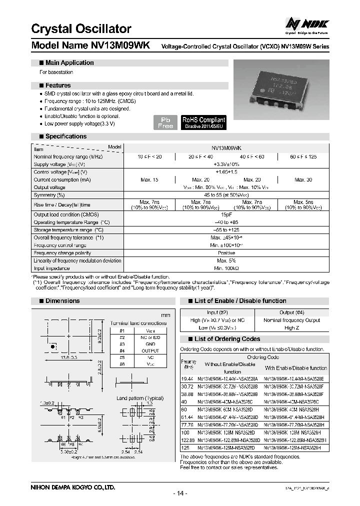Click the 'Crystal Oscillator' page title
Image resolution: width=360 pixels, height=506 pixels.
81,29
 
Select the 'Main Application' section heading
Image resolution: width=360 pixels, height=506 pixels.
69,63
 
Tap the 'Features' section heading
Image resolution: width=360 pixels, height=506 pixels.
58,85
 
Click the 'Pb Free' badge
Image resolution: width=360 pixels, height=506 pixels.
165,122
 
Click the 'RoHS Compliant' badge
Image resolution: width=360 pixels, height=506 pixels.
203,122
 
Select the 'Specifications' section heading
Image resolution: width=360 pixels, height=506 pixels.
65,136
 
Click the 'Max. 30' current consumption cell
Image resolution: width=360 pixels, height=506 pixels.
303,179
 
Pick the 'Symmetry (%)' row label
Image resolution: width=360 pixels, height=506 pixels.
49,194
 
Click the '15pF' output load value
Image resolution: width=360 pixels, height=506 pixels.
226,214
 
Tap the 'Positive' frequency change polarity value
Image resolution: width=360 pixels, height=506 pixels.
226,253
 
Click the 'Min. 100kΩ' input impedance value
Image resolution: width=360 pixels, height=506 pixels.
226,268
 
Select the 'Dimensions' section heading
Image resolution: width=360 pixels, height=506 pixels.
62,301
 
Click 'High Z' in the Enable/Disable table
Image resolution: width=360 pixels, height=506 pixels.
291,328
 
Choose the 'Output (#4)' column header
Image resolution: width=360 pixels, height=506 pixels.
291,312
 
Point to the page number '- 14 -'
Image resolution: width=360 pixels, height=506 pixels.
180,493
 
